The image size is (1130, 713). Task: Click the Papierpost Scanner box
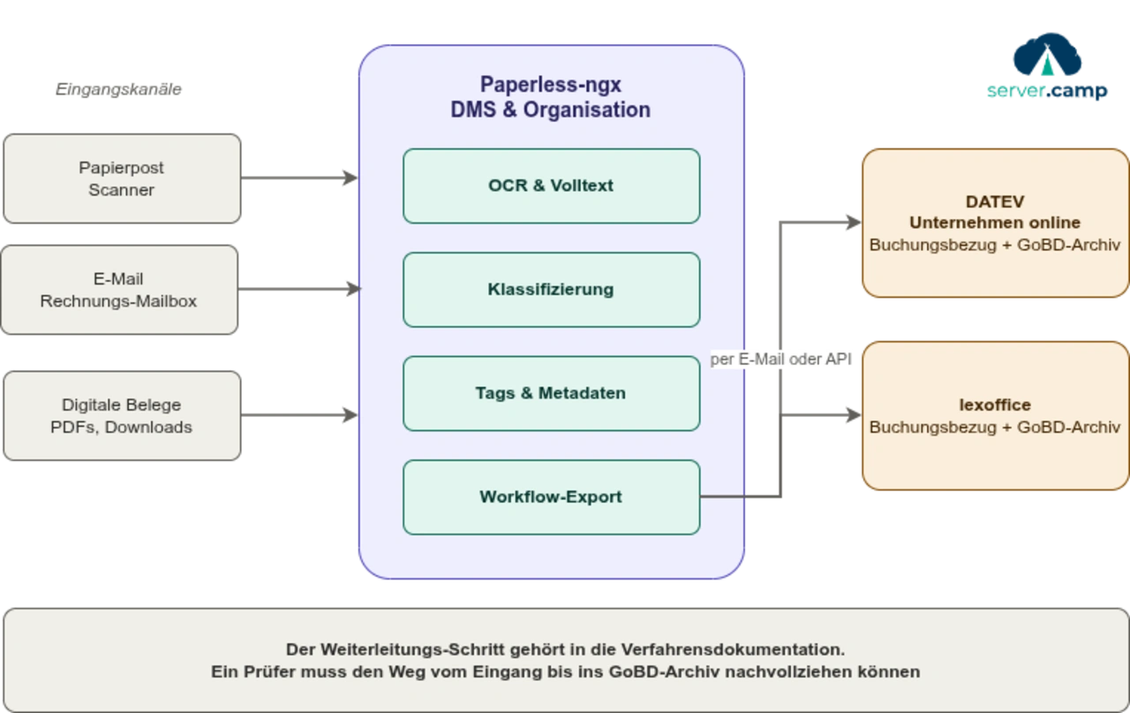(x=121, y=178)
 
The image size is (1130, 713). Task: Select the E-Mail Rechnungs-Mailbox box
(x=118, y=290)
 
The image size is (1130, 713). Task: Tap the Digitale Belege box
(x=121, y=416)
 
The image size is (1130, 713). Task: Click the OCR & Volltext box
(x=551, y=186)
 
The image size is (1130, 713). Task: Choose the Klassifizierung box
(x=551, y=290)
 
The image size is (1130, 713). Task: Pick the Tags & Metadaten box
(x=551, y=393)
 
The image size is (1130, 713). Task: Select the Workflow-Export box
(x=551, y=497)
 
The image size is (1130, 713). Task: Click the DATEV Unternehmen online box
(x=995, y=223)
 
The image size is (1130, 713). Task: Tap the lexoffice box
(x=995, y=416)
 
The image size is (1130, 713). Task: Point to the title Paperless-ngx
(x=551, y=85)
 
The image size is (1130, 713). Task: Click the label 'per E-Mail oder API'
(x=782, y=360)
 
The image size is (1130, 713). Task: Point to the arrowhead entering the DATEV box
(x=850, y=223)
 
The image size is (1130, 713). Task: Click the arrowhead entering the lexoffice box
(x=850, y=416)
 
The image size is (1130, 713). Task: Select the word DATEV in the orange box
(x=995, y=202)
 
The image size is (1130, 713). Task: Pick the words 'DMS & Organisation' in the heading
(x=551, y=110)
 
